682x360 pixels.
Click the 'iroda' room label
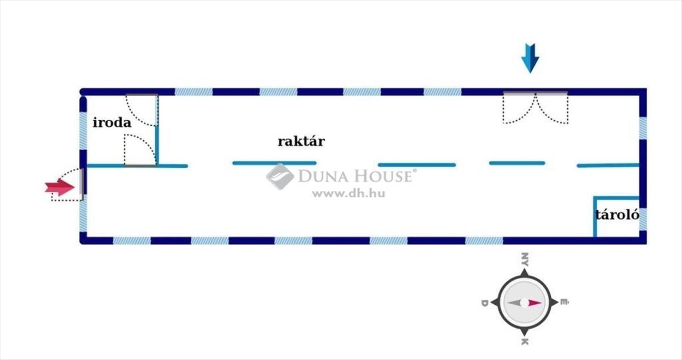[112, 122]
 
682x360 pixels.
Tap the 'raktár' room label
[301, 141]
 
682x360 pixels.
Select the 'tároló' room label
[617, 215]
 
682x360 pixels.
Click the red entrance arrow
[60, 187]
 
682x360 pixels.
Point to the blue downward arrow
[530, 58]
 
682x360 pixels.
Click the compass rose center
[523, 303]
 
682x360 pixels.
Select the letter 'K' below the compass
[524, 341]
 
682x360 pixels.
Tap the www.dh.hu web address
[348, 193]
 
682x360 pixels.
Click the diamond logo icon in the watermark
[280, 176]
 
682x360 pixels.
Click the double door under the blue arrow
[535, 108]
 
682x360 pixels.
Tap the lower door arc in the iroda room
[139, 150]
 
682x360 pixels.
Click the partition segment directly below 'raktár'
[274, 163]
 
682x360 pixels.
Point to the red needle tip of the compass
[537, 303]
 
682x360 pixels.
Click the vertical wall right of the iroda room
[157, 130]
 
